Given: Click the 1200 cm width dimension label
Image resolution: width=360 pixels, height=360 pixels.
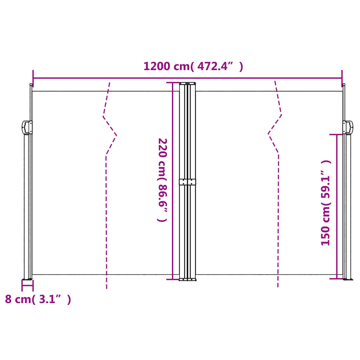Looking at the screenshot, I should click(193, 66).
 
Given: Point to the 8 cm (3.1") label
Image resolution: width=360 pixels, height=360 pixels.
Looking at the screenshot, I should click(38, 299).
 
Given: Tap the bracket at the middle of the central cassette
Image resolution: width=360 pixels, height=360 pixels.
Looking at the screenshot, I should click(187, 182).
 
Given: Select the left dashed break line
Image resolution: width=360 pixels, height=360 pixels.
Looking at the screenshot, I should click(106, 211).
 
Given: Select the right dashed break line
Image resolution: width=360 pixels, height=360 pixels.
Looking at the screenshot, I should click(278, 211).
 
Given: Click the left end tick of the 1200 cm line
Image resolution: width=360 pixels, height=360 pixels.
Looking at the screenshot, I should click(33, 78).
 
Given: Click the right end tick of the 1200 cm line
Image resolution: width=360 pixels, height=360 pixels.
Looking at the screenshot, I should click(342, 78).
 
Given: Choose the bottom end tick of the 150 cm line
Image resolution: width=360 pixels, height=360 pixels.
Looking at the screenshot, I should click(336, 279).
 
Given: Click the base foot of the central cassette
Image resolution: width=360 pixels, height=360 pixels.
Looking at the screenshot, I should click(188, 279).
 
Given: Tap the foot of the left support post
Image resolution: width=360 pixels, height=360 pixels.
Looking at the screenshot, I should click(27, 279).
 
